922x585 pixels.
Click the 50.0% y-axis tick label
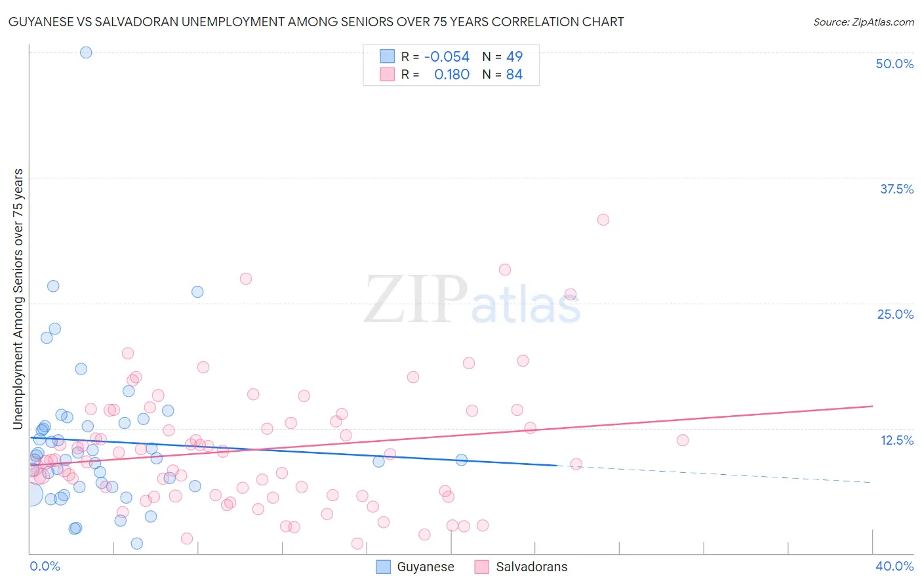(x=894, y=64)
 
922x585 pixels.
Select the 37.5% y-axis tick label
(x=896, y=189)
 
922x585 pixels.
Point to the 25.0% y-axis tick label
(x=894, y=314)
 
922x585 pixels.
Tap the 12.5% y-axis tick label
(x=896, y=440)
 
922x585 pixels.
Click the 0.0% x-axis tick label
(x=45, y=566)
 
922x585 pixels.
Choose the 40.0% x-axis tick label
(x=894, y=566)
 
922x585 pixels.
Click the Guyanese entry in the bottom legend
(x=425, y=567)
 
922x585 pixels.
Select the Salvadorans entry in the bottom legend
(x=531, y=567)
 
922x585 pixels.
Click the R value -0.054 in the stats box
(x=447, y=57)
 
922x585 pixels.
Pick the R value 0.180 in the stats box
(x=452, y=75)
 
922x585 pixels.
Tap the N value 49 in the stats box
(x=514, y=57)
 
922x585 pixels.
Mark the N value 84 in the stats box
(x=514, y=75)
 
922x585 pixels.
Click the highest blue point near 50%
(x=86, y=52)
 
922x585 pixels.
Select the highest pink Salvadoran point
(x=603, y=220)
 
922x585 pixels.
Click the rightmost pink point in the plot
(x=683, y=440)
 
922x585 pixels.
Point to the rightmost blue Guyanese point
(x=462, y=460)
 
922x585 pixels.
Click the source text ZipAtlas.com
(x=863, y=22)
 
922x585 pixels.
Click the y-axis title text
(x=18, y=299)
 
